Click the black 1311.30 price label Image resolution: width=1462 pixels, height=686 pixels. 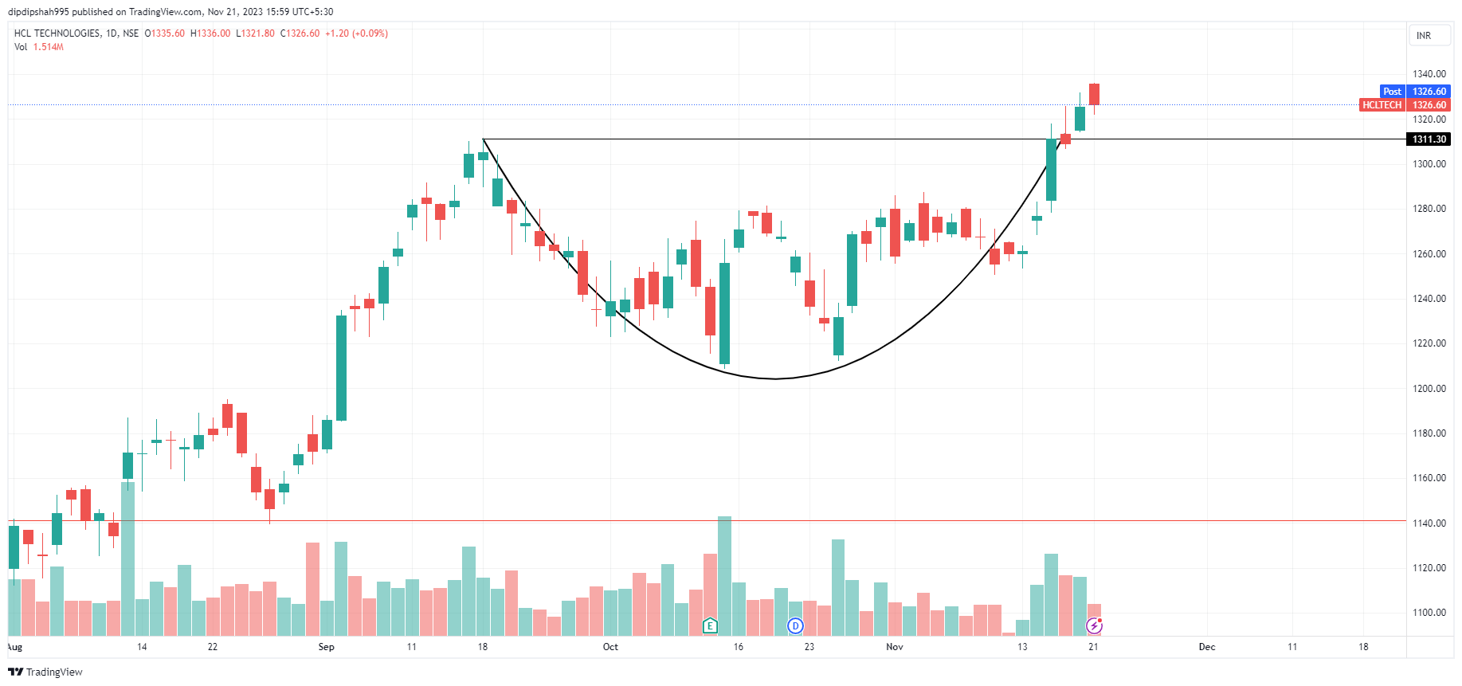click(1429, 139)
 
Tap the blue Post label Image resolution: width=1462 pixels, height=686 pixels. click(1392, 92)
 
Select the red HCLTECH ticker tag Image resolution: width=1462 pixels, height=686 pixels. click(1382, 105)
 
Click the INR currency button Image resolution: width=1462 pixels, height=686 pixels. click(1424, 36)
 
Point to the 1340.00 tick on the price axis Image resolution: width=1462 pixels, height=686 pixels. click(1429, 74)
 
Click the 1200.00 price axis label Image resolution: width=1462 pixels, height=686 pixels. click(1429, 389)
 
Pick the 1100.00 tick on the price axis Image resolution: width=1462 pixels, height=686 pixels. click(1429, 613)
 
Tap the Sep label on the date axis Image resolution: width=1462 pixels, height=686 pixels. click(326, 647)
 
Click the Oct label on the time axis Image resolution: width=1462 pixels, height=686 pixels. click(610, 647)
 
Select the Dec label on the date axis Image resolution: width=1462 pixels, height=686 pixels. click(1207, 647)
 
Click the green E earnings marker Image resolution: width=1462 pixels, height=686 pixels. click(710, 625)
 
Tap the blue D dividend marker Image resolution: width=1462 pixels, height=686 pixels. click(795, 625)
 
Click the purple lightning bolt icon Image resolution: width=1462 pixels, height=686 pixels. click(1094, 626)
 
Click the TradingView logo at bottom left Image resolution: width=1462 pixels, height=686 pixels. click(45, 672)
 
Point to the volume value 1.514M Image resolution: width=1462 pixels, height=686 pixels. click(49, 47)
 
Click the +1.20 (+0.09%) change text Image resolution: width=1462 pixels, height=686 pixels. click(356, 33)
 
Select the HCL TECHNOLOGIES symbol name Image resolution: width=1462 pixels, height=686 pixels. click(57, 33)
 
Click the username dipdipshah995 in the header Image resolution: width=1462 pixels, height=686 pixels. click(38, 12)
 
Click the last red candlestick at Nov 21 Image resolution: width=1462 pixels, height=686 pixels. click(1095, 94)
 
